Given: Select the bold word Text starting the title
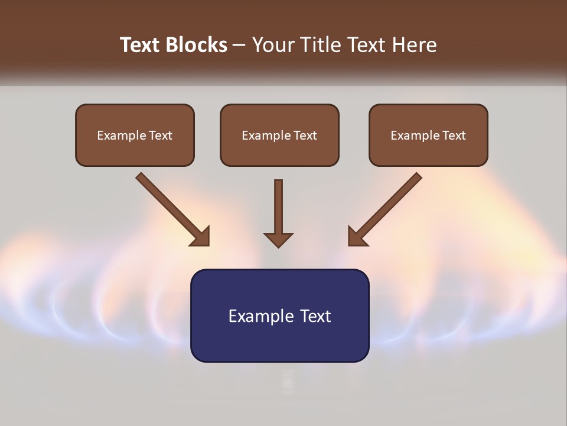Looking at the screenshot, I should pyautogui.click(x=142, y=45).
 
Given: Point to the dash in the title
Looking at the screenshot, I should pyautogui.click(x=240, y=45).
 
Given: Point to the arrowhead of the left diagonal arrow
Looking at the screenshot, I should pyautogui.click(x=201, y=237).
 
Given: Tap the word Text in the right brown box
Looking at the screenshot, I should pyautogui.click(x=454, y=135).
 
